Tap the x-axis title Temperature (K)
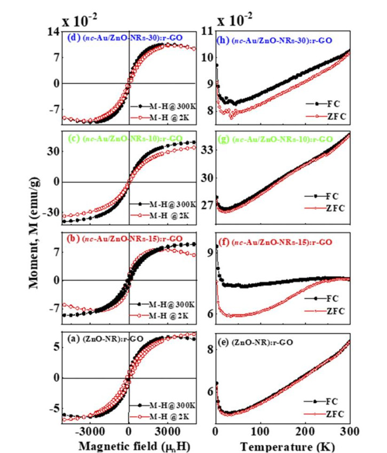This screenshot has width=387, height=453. (x=288, y=445)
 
